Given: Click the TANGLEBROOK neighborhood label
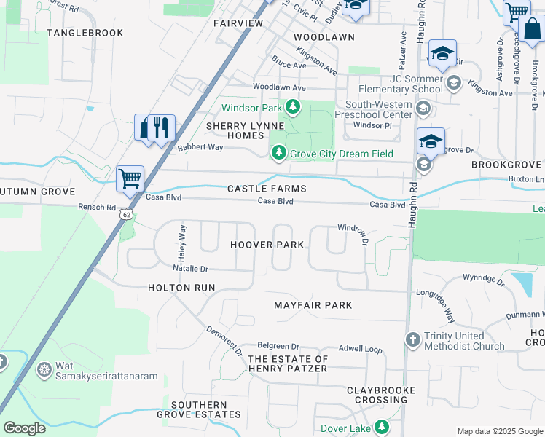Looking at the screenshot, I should [85, 33].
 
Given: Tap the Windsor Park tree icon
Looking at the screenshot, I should [293, 108].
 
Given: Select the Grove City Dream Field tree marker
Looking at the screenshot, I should [278, 153].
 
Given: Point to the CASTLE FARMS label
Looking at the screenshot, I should [267, 189].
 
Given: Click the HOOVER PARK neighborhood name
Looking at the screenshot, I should [267, 245].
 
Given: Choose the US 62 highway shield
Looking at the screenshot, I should [127, 215].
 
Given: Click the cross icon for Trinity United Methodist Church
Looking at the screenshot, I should [413, 340].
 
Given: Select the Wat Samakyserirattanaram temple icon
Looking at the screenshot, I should [44, 369].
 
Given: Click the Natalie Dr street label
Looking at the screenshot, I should [190, 269].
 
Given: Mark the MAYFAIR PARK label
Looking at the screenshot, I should [313, 305].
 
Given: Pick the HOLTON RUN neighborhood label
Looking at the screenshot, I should [181, 288].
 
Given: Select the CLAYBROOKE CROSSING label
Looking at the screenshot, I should [381, 395].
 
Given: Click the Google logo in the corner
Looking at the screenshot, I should [24, 428].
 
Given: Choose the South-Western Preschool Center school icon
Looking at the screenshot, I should [422, 109].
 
